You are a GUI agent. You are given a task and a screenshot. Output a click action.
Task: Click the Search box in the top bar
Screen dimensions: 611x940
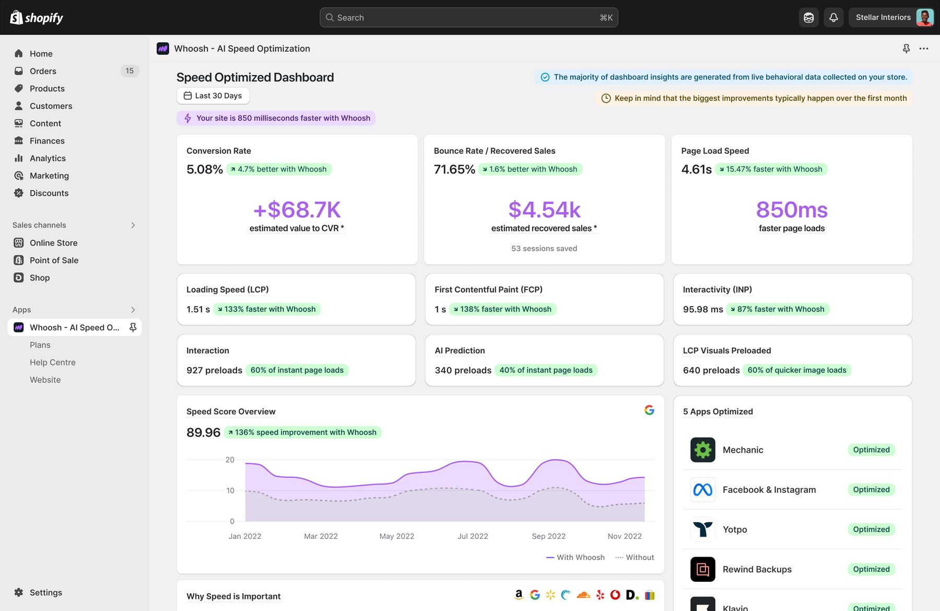click(468, 17)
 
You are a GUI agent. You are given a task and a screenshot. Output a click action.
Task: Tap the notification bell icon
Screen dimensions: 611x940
click(833, 17)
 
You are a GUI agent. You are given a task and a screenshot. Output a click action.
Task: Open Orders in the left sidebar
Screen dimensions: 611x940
click(43, 71)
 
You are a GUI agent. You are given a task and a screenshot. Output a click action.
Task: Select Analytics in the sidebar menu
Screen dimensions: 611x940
click(48, 158)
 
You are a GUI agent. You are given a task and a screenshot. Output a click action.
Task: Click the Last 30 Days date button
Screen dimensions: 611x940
click(213, 96)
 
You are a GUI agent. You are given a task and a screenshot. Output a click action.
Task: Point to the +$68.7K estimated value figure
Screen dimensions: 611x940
click(297, 210)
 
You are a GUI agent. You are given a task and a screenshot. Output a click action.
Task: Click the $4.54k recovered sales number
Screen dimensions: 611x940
click(544, 210)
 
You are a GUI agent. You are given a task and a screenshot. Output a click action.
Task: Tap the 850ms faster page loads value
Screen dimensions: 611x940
click(792, 210)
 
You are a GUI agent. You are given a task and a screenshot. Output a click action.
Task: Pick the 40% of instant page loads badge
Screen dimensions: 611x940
click(546, 370)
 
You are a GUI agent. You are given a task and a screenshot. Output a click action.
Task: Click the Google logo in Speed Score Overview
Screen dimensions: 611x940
click(649, 410)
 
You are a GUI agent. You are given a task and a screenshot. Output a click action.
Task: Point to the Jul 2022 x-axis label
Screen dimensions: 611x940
click(473, 536)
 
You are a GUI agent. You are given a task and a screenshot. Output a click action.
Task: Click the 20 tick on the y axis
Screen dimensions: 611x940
click(230, 460)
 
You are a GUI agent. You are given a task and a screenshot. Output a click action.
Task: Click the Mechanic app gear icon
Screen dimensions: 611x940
click(703, 450)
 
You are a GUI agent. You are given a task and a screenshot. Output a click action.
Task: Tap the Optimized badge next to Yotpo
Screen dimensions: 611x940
click(871, 529)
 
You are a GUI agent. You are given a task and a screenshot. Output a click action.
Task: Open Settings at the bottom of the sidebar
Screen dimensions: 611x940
click(45, 593)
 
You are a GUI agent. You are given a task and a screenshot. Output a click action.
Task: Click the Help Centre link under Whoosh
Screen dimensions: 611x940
click(53, 362)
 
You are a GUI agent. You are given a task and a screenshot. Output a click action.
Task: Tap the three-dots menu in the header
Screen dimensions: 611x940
click(924, 49)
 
